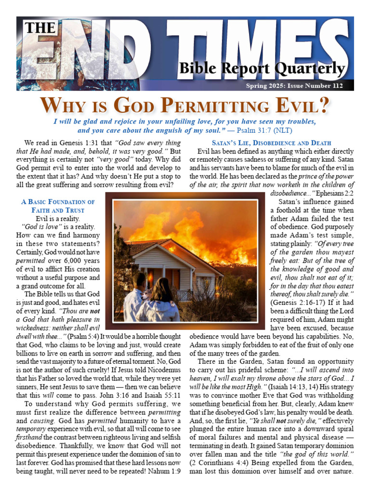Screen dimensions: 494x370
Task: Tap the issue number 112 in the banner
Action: coord(337,86)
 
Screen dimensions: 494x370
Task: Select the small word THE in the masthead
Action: coord(40,28)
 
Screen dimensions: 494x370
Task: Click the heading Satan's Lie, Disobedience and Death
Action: coord(271,143)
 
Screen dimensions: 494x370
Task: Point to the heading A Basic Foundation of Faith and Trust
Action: coord(58,206)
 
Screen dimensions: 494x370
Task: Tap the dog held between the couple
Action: coord(146,295)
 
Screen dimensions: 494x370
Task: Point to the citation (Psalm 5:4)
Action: coord(83,336)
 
